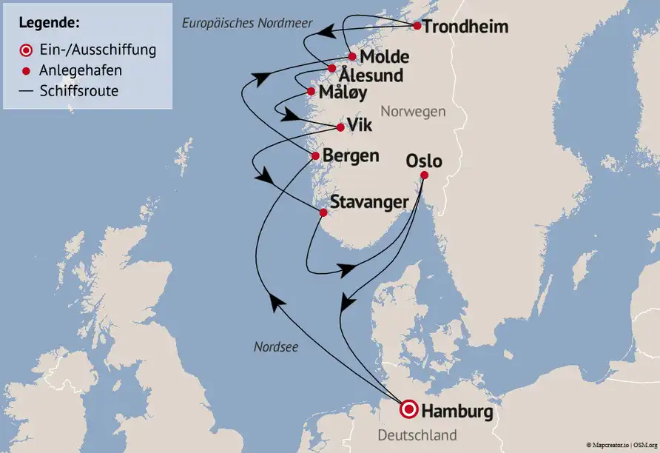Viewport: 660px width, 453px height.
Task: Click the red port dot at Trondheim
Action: (x=417, y=26)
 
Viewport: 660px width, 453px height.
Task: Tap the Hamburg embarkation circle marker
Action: (x=408, y=409)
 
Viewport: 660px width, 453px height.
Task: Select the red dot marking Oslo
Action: (x=424, y=175)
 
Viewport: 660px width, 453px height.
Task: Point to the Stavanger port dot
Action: (x=323, y=213)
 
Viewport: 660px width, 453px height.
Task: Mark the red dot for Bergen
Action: (x=315, y=156)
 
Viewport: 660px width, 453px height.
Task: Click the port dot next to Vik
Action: (x=340, y=127)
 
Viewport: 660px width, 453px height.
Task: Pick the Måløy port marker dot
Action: (x=311, y=92)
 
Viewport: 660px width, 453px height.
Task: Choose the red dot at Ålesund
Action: (x=331, y=69)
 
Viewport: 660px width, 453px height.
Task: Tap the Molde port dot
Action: (x=353, y=57)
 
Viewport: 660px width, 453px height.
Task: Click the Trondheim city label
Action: (x=466, y=27)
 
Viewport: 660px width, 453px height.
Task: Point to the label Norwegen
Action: (x=413, y=112)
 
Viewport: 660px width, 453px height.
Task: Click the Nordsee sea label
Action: (x=276, y=346)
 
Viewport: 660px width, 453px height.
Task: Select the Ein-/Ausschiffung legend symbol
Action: (x=26, y=50)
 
